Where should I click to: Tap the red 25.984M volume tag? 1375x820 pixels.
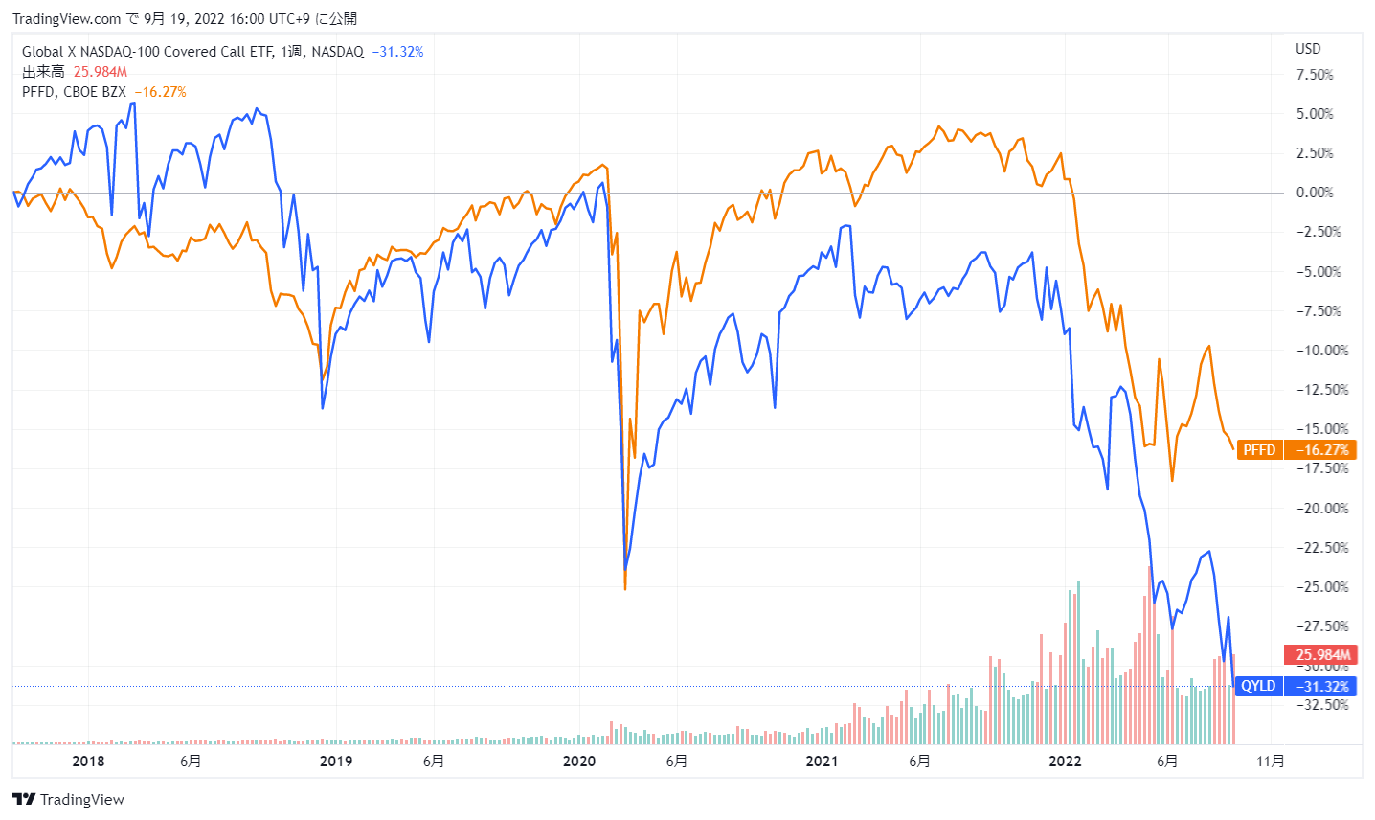click(1321, 655)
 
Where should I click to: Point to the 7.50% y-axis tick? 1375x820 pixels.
click(1314, 75)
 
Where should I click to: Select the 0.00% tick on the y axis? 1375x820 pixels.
click(1314, 193)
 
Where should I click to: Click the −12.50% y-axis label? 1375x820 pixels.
click(1321, 390)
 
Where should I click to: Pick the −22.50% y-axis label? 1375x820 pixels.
click(1321, 548)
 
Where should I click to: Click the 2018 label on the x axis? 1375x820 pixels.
click(89, 762)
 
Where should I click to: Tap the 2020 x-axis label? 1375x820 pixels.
click(579, 762)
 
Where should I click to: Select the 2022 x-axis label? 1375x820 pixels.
click(1065, 762)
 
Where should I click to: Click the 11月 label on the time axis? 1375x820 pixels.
click(1270, 762)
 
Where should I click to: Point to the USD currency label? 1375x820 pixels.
click(1308, 49)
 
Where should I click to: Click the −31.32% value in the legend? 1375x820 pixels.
click(397, 52)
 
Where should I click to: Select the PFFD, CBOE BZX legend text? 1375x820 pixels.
click(74, 92)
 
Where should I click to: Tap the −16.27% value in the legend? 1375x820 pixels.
click(160, 92)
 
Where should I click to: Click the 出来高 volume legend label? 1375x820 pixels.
click(43, 72)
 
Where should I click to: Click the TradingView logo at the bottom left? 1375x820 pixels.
click(69, 800)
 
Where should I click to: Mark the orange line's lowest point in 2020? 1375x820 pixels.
click(625, 588)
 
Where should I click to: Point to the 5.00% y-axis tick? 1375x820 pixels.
click(1314, 114)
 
